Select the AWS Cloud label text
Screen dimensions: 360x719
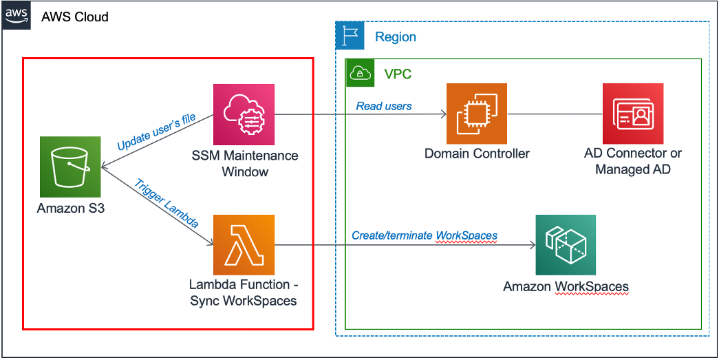pyautogui.click(x=74, y=17)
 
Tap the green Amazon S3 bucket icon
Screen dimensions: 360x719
pyautogui.click(x=69, y=166)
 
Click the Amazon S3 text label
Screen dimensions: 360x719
pyautogui.click(x=71, y=207)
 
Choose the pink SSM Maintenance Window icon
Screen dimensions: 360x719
pyautogui.click(x=244, y=114)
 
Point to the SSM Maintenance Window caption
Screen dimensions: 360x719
pyautogui.click(x=245, y=163)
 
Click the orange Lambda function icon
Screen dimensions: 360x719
pyautogui.click(x=244, y=245)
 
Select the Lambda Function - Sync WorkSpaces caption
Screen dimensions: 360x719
pyautogui.click(x=244, y=293)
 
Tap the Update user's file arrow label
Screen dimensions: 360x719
pyautogui.click(x=156, y=132)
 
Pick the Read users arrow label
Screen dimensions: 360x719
pyautogui.click(x=384, y=106)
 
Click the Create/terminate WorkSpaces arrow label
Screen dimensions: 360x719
pyautogui.click(x=425, y=235)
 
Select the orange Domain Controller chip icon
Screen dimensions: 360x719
pyautogui.click(x=476, y=114)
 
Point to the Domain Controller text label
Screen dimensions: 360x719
pyautogui.click(x=477, y=153)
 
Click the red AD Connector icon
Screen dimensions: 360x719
pyautogui.click(x=632, y=114)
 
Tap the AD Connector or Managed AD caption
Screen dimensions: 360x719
pyautogui.click(x=632, y=161)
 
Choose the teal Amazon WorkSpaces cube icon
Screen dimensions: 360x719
pyautogui.click(x=566, y=245)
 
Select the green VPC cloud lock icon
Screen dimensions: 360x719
pyautogui.click(x=360, y=73)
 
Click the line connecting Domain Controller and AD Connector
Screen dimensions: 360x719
pyautogui.click(x=555, y=114)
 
